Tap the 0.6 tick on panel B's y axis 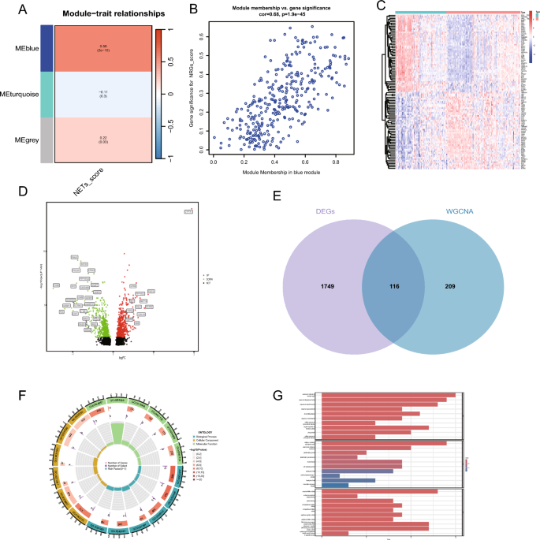pyautogui.click(x=202, y=35)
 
